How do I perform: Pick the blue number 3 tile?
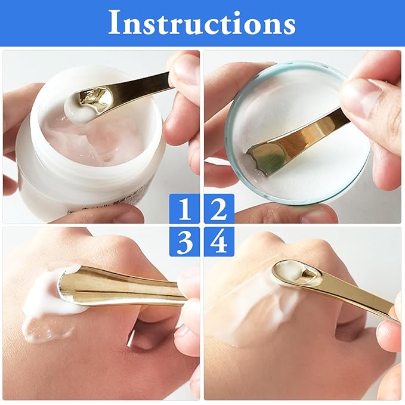point(186,242)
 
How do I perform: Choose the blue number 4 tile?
point(219,242)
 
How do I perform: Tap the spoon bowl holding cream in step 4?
point(292,271)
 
